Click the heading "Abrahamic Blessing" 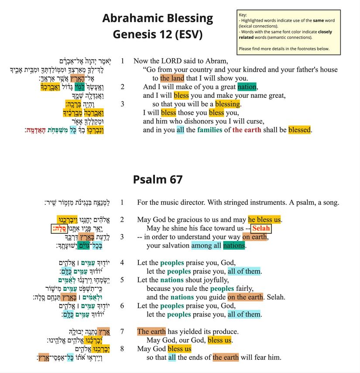click(158, 18)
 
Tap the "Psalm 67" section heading click(158, 179)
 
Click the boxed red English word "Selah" click(261, 228)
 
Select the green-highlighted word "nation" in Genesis click(247, 87)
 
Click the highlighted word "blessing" click(227, 104)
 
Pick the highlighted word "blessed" click(299, 130)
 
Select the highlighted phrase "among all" click(206, 245)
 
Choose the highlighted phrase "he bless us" click(264, 220)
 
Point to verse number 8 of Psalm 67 click(122, 349)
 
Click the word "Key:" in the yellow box click(243, 15)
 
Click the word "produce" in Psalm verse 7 click(225, 332)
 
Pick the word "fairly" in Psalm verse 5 click(246, 289)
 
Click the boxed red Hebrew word click(58, 228)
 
